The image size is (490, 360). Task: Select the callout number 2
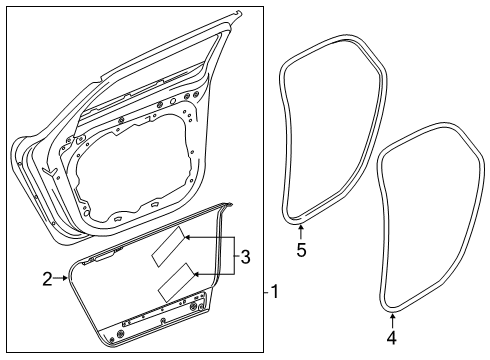point(48,280)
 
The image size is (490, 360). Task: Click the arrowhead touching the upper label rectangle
point(187,240)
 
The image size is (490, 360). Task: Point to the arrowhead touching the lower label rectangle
point(198,273)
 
